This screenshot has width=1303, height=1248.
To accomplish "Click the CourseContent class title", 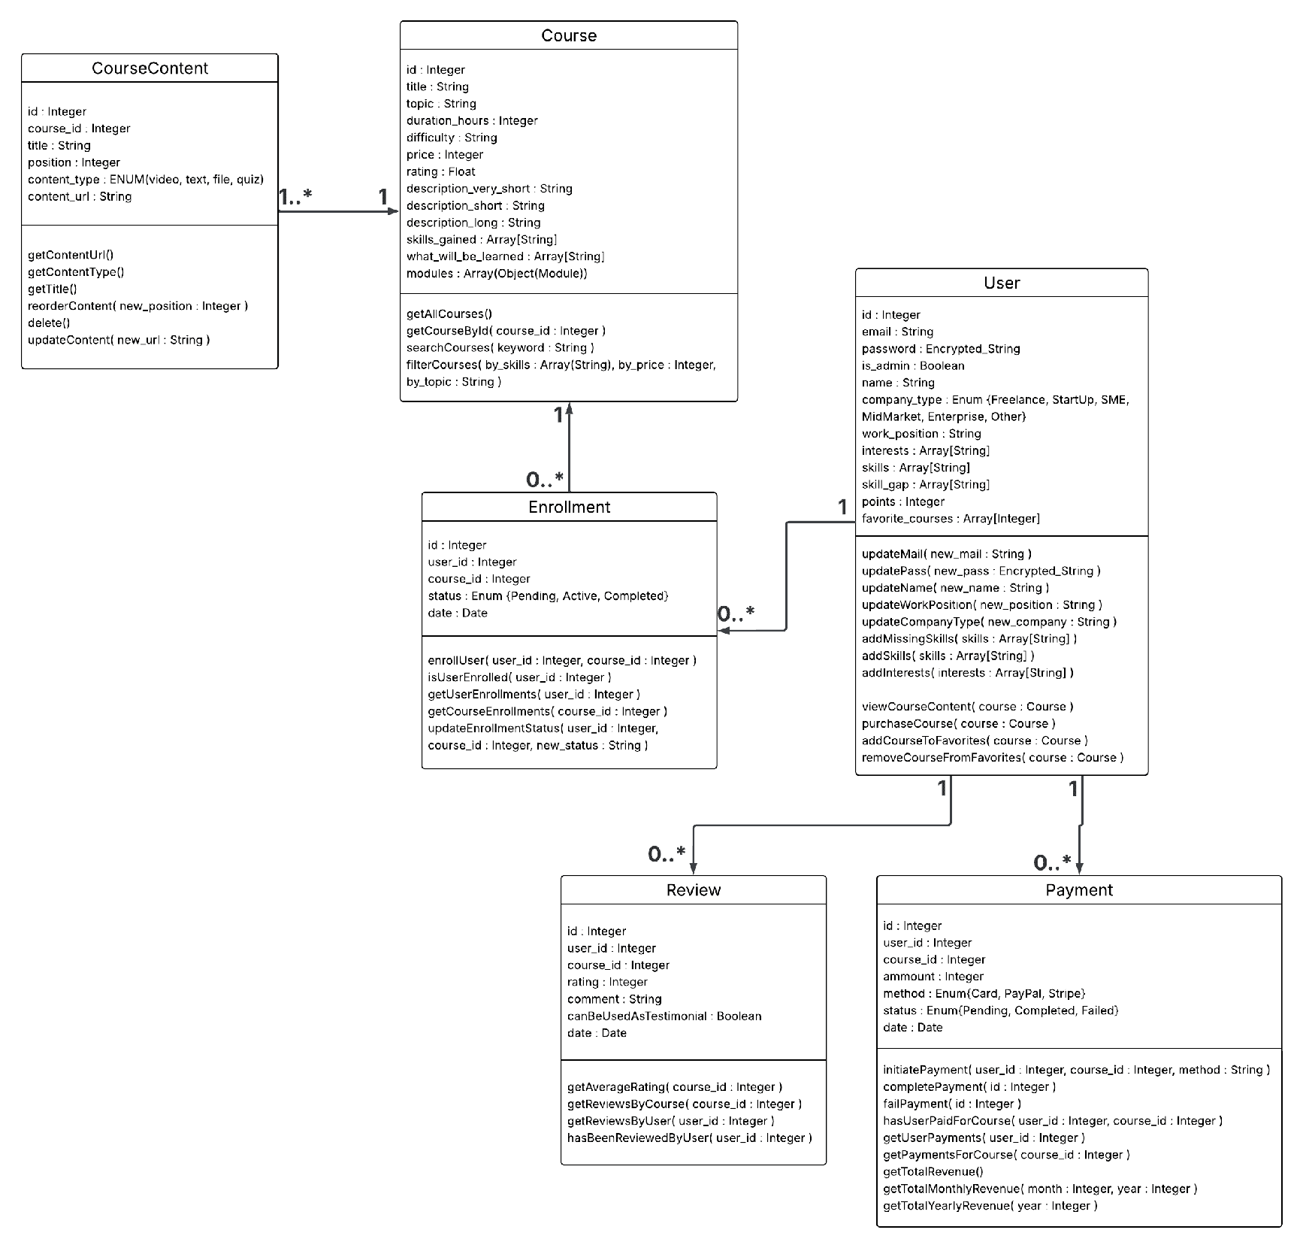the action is pos(150,68).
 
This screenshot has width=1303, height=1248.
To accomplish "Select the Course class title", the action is pos(569,36).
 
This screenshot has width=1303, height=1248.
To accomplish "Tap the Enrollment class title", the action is pos(569,507).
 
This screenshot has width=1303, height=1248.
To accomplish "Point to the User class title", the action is pos(1002,283).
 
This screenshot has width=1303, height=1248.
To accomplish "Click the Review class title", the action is pos(694,890).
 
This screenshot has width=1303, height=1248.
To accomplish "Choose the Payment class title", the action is pos(1079,890).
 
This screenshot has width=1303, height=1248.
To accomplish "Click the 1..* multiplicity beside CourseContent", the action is pos(295,197).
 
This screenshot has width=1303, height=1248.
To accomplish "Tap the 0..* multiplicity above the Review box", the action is pos(667,854).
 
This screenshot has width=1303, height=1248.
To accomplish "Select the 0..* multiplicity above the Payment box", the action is pos(1052,863).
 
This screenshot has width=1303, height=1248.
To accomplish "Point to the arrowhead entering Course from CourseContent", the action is pos(393,211).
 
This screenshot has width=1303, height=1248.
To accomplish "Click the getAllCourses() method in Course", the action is pos(449,314).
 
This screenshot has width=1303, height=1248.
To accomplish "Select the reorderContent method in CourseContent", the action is pos(138,306).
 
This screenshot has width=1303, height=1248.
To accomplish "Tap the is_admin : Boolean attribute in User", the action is pos(913,365).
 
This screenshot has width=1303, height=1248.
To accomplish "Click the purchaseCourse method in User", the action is pos(959,723).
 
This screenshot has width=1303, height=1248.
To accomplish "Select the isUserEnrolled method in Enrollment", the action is pos(520,677).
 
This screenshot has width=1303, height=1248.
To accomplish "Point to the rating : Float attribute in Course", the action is pos(441,171).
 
